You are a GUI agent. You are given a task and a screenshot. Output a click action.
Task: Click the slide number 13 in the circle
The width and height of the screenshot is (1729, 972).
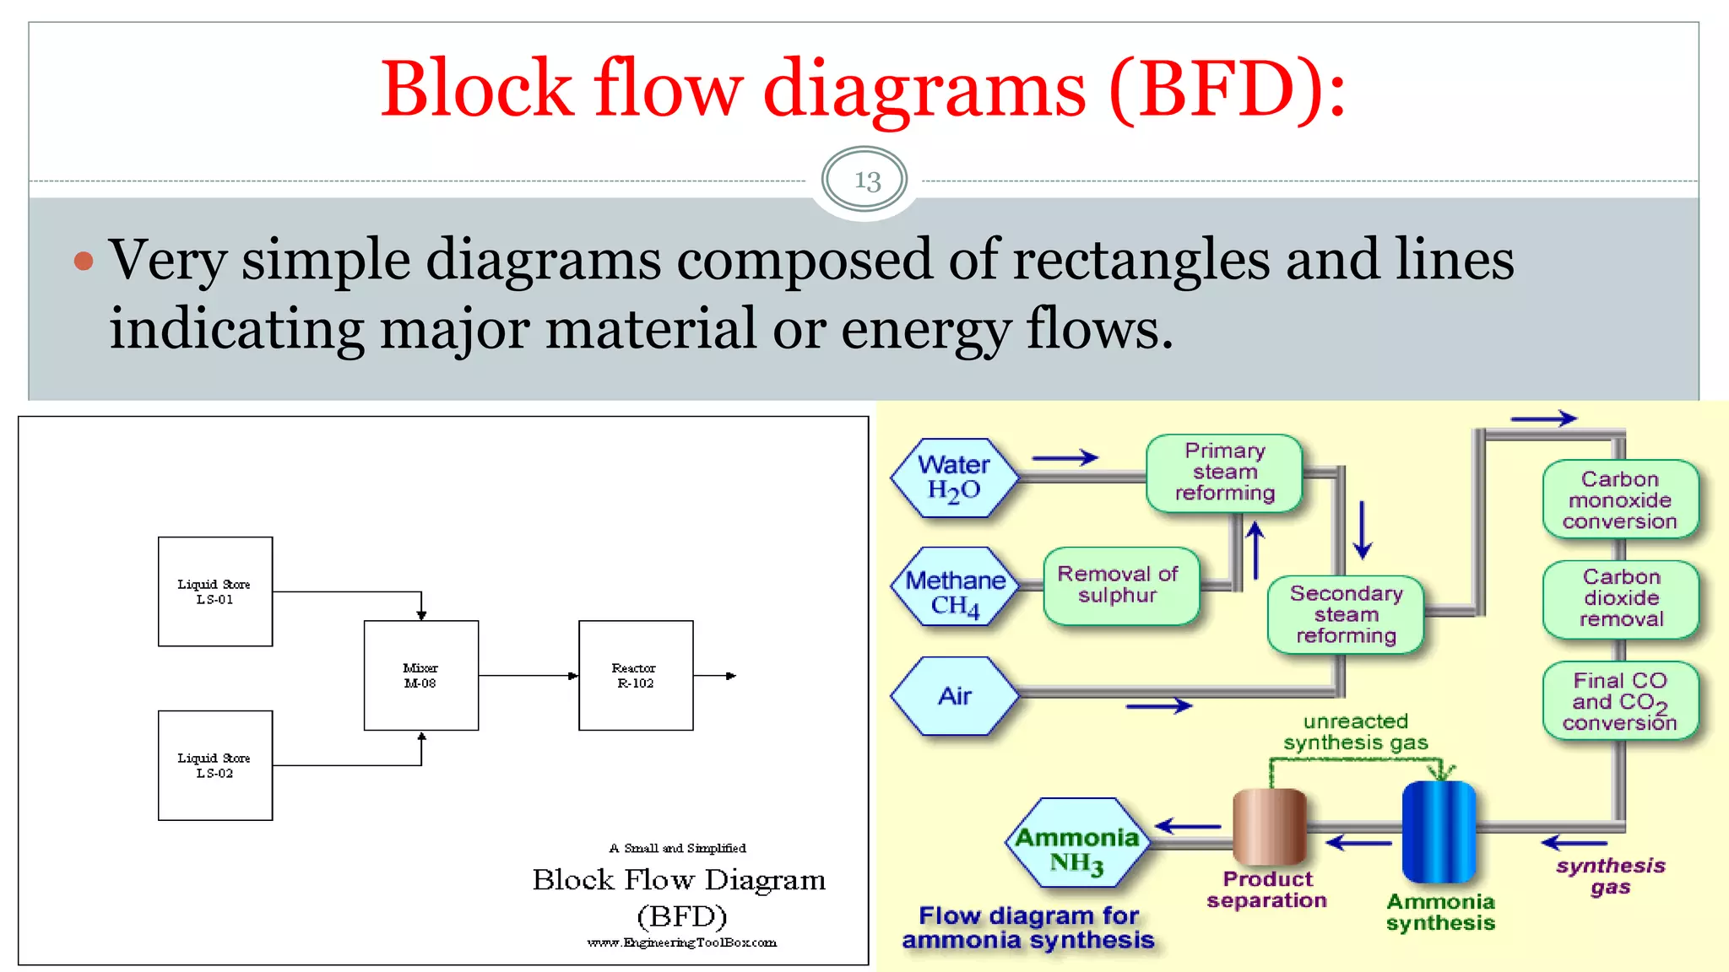tap(866, 180)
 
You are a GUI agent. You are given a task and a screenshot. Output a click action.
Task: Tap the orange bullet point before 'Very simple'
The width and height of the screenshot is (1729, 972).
tap(83, 261)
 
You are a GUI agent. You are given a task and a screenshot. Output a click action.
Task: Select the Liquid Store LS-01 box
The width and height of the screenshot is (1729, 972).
tap(215, 591)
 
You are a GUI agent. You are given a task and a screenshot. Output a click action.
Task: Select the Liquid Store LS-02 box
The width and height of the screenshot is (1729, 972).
tap(215, 765)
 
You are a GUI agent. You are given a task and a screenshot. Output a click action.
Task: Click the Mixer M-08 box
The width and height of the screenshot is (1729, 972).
tap(420, 675)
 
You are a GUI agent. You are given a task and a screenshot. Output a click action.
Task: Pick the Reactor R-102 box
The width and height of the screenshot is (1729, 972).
tap(635, 675)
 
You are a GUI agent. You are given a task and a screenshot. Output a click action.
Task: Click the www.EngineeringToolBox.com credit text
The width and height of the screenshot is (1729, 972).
tap(681, 942)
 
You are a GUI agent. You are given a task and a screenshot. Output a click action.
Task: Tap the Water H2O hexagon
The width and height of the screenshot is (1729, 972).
tap(954, 478)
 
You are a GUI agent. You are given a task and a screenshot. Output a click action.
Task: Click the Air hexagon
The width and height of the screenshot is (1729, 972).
tap(954, 696)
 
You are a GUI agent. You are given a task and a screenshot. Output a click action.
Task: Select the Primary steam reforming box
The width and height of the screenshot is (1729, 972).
tap(1224, 472)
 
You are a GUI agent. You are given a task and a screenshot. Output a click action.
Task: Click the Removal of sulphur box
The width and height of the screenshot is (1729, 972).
tap(1119, 585)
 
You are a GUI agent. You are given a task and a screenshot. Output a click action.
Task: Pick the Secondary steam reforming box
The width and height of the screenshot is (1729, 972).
tap(1346, 615)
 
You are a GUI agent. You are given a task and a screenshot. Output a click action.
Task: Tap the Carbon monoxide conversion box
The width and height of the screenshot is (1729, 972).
tap(1619, 500)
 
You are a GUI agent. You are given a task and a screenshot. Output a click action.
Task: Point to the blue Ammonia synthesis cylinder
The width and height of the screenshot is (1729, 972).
tap(1439, 831)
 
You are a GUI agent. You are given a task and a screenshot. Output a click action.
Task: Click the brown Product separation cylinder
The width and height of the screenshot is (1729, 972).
tap(1269, 827)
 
